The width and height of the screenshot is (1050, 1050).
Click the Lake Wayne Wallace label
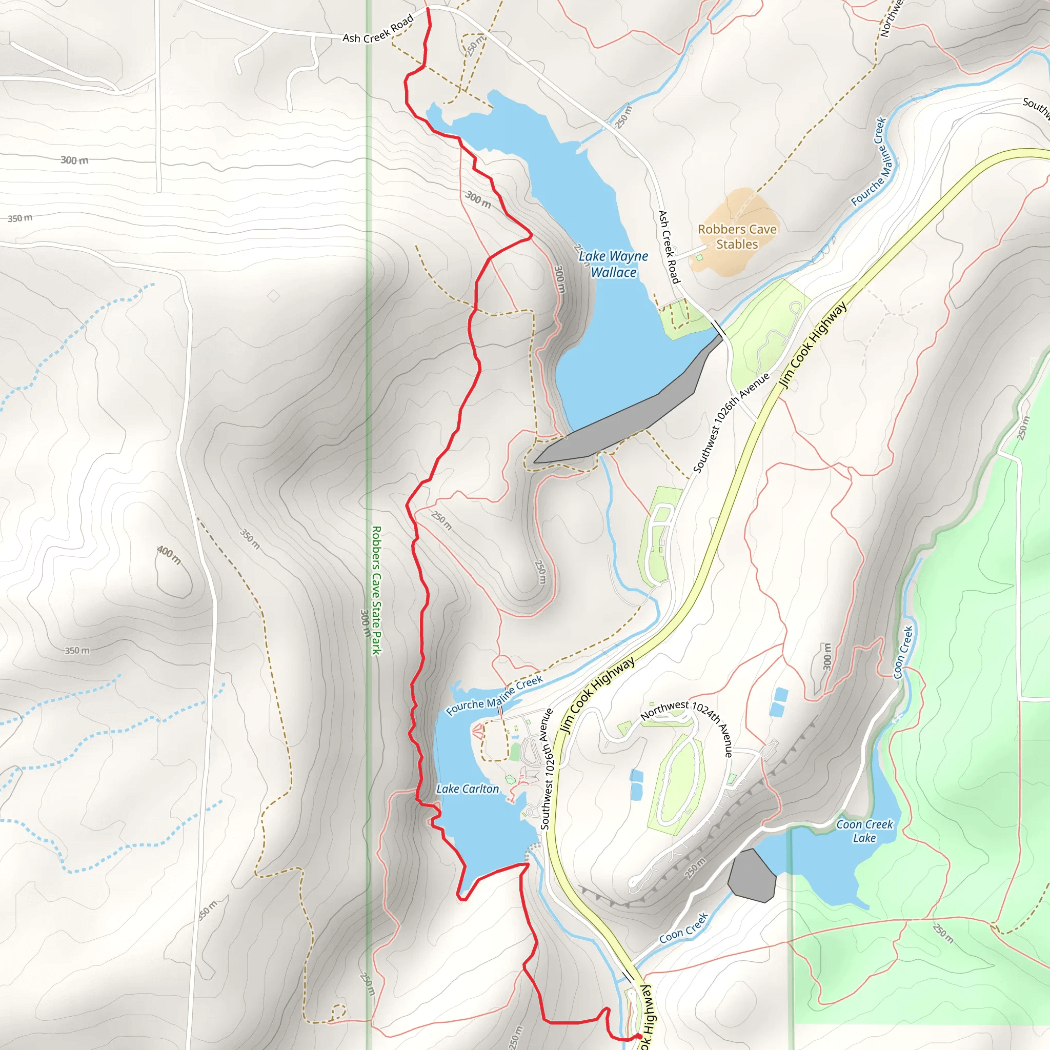pos(613,264)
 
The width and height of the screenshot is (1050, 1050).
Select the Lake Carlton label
pos(468,789)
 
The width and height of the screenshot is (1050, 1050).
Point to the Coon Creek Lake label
pos(864,831)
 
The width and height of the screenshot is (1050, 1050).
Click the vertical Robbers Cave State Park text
pos(376,590)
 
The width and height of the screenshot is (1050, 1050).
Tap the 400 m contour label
pos(169,555)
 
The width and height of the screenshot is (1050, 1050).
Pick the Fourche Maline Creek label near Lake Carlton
pos(494,696)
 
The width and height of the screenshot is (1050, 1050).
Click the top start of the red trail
pos(429,9)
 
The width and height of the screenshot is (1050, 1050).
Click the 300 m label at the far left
pos(74,160)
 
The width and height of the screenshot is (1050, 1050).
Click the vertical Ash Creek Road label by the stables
pos(669,247)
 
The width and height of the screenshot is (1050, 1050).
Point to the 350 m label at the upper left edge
pos(20,218)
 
